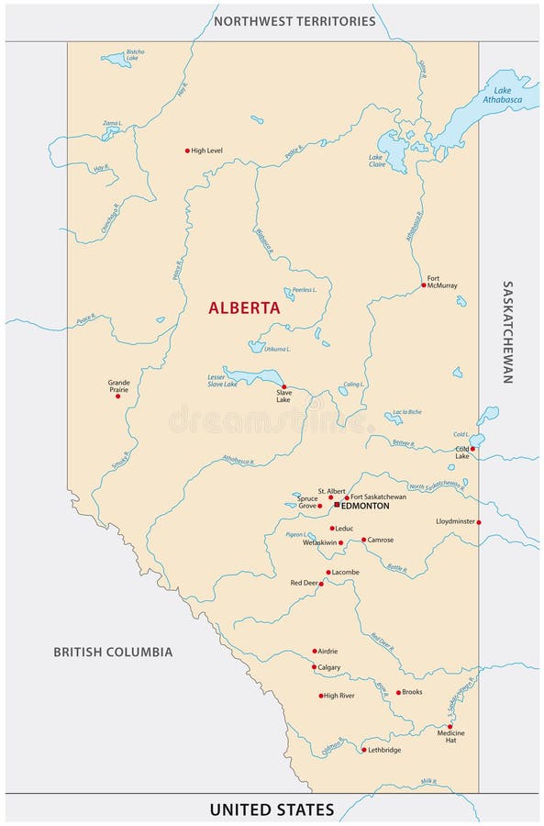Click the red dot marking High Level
(187, 151)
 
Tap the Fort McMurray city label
(441, 281)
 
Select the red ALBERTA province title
(244, 309)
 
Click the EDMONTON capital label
(366, 506)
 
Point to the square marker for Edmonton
(337, 505)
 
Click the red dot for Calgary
(314, 667)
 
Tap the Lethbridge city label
(383, 750)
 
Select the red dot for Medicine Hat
(450, 726)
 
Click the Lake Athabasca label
(501, 94)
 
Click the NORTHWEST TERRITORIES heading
(294, 20)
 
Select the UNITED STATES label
(272, 809)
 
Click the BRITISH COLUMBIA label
(112, 653)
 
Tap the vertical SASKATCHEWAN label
(507, 331)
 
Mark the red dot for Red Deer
(320, 583)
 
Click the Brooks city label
(412, 692)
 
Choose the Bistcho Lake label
(135, 54)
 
